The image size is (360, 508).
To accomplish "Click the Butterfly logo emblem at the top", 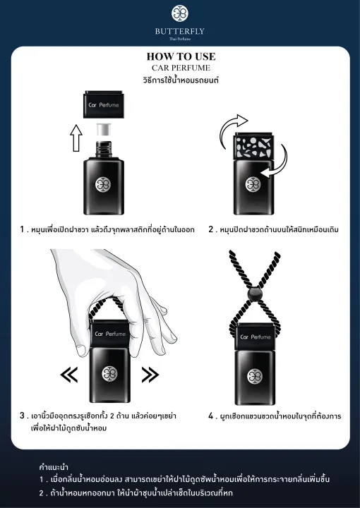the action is (180, 13).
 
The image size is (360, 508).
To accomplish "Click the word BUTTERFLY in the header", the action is (180, 32).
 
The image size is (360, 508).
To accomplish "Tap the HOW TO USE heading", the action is (181, 56).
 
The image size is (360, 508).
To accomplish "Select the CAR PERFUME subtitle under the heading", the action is (181, 68).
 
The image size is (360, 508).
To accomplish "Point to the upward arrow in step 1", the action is (76, 138).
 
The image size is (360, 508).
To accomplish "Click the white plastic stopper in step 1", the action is (104, 129).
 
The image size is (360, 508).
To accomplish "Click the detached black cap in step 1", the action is (104, 104).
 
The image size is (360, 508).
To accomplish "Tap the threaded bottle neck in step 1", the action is (104, 149).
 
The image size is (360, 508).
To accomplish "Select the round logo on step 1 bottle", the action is (103, 184).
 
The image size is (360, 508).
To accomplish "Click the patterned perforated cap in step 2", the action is (253, 146).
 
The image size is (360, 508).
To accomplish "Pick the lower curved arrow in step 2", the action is (277, 163).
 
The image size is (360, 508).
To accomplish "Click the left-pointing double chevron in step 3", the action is (69, 375).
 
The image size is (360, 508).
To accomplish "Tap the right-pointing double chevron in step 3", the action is (150, 375).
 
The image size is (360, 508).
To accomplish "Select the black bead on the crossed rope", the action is (255, 294).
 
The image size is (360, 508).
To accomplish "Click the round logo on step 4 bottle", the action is (255, 376).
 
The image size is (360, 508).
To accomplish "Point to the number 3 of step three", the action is (22, 416).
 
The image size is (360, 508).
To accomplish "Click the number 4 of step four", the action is (211, 416).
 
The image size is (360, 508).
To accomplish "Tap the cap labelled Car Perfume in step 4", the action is (255, 337).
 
